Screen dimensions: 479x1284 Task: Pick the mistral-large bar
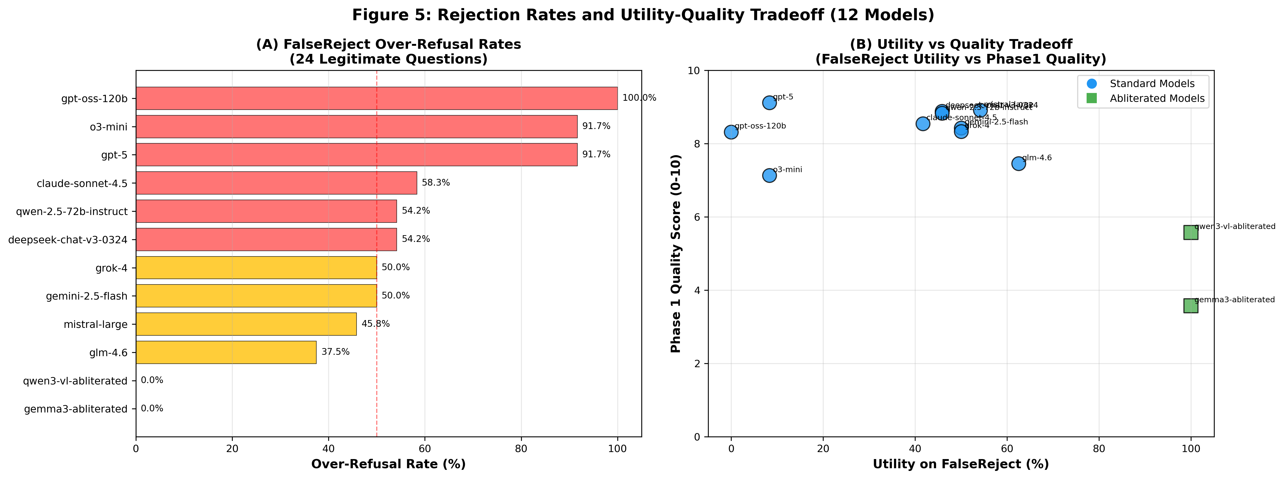tap(246, 324)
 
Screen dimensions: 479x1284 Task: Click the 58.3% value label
tap(436, 183)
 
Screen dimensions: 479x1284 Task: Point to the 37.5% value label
tap(335, 352)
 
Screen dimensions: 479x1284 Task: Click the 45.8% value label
tap(375, 324)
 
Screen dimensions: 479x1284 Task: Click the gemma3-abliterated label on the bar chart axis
tap(76, 409)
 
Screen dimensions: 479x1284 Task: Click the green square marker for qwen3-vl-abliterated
tap(1190, 232)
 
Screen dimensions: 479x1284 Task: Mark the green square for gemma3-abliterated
tap(1190, 306)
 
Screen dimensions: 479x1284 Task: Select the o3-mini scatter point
tap(769, 175)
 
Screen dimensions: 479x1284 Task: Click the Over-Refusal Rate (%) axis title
tap(388, 464)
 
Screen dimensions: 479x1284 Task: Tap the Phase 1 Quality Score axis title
tap(676, 254)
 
